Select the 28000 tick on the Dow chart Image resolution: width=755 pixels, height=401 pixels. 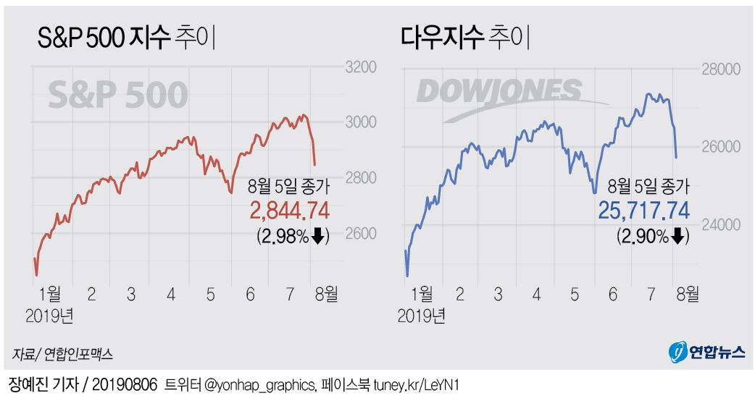click(719, 69)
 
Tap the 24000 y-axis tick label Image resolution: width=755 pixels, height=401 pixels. click(719, 224)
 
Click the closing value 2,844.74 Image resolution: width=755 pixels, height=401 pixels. click(289, 211)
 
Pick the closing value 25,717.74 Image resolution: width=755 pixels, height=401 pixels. click(643, 211)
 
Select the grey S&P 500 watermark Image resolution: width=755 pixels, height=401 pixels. click(118, 95)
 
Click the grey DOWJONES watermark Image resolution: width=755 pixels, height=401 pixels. click(500, 92)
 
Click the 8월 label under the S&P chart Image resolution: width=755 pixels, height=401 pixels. click(325, 295)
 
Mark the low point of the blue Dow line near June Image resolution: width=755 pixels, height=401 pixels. click(595, 192)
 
